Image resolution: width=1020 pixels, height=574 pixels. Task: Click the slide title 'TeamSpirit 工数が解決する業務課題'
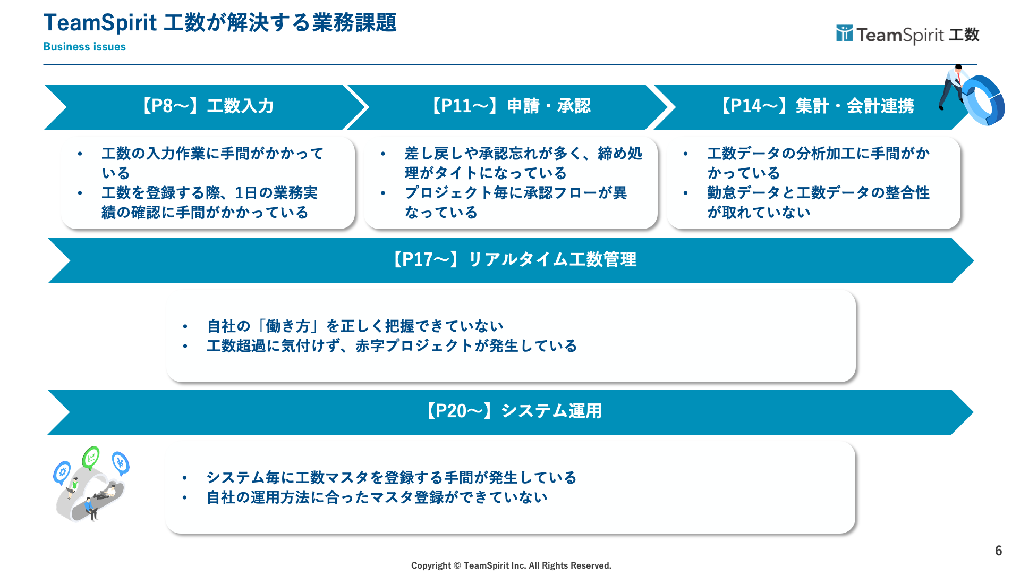(x=219, y=23)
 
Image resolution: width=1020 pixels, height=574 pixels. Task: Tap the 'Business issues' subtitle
(x=84, y=47)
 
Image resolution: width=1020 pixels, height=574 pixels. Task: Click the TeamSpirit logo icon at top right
(x=844, y=33)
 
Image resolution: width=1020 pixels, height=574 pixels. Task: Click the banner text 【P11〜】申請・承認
(x=510, y=106)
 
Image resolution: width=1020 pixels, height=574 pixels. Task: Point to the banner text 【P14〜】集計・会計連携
(x=816, y=106)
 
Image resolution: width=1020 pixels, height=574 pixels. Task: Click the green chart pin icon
(x=91, y=457)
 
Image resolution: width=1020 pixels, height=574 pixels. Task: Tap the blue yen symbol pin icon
(x=121, y=463)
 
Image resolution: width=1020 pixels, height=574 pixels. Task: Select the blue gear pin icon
(x=62, y=472)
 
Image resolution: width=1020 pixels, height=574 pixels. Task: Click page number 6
(x=998, y=551)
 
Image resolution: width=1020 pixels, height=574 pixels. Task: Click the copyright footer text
(x=511, y=565)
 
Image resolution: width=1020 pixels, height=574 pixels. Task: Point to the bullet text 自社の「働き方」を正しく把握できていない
(x=355, y=326)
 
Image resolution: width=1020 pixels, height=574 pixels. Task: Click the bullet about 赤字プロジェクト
(x=392, y=346)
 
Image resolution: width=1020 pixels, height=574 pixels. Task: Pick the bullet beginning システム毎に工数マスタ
(x=391, y=478)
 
